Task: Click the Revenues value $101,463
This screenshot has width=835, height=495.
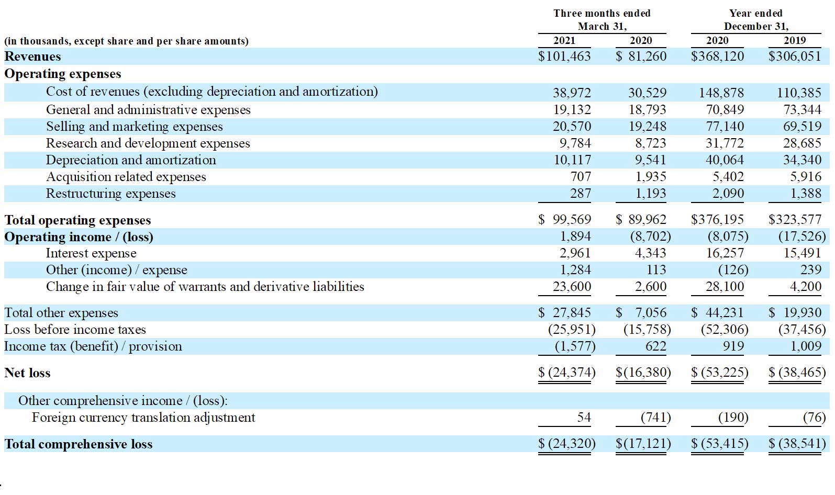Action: tap(564, 56)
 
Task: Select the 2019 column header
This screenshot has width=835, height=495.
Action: tap(794, 40)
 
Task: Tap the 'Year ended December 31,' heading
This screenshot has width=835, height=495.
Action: tap(756, 20)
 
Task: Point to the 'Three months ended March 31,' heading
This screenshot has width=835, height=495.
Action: tap(602, 20)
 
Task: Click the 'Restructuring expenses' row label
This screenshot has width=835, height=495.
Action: tap(110, 194)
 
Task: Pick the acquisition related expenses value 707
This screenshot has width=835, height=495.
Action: tap(581, 176)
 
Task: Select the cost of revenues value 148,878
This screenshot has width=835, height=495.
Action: tap(721, 93)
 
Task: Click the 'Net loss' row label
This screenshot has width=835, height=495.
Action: tap(27, 373)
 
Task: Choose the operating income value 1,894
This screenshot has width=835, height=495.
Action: tap(575, 236)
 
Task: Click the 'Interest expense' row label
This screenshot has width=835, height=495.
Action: tap(91, 253)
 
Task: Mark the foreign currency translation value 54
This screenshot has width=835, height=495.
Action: tap(584, 417)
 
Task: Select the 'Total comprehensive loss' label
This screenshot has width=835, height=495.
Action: tap(79, 444)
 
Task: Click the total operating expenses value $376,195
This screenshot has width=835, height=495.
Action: tap(717, 219)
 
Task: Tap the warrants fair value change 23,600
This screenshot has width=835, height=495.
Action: tap(572, 286)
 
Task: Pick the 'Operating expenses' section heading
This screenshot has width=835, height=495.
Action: tap(63, 74)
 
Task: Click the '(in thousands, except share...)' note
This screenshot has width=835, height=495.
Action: tap(126, 41)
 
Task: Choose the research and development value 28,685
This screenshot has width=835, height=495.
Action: tap(802, 143)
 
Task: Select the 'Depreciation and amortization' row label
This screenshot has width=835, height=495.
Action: tap(131, 160)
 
